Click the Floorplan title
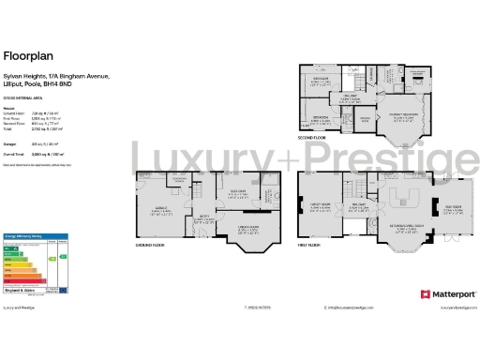pos(26,54)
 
